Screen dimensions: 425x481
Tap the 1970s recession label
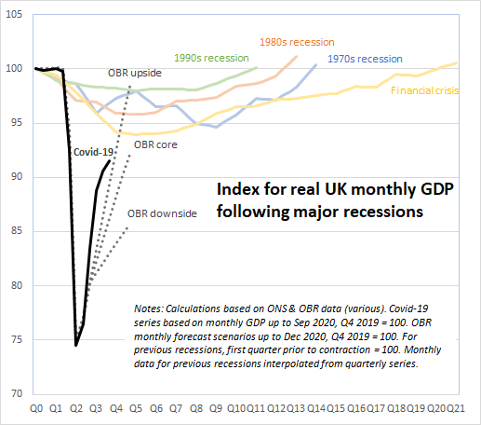[364, 59]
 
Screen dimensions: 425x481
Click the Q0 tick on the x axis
[36, 408]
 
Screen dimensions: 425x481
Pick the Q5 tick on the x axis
[135, 408]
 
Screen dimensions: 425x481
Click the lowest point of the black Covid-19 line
[76, 345]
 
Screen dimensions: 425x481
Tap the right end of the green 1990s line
[257, 68]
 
